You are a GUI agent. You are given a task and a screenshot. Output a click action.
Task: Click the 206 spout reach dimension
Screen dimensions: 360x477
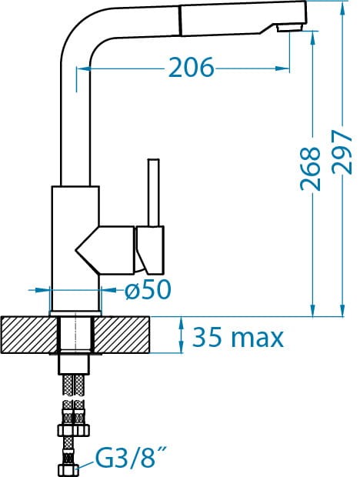[x=191, y=67]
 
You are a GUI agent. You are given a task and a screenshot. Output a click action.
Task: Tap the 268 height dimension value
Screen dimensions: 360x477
[x=310, y=168]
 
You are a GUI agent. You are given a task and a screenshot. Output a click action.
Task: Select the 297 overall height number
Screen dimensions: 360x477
[x=342, y=152]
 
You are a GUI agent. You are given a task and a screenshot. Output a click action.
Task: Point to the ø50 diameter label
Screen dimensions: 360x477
[x=148, y=289]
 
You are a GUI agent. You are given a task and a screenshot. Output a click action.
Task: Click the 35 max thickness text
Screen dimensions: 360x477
[x=238, y=338]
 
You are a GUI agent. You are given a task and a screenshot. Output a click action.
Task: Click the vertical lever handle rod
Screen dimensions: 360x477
[x=154, y=192]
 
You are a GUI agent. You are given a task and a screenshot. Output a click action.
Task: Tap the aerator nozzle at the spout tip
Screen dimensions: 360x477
[x=289, y=28]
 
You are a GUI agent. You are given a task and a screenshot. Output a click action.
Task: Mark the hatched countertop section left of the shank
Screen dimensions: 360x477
[x=29, y=335]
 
